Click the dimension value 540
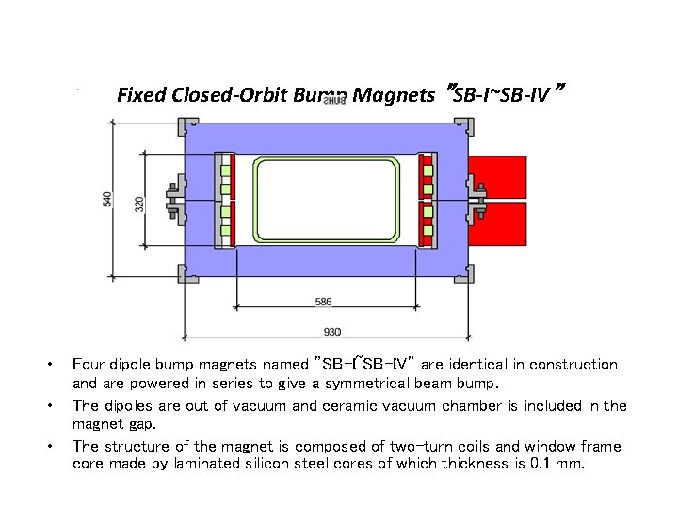point(107,199)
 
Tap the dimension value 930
point(331,332)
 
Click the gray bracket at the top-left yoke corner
point(186,126)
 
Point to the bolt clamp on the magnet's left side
point(174,199)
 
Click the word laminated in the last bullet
point(212,465)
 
